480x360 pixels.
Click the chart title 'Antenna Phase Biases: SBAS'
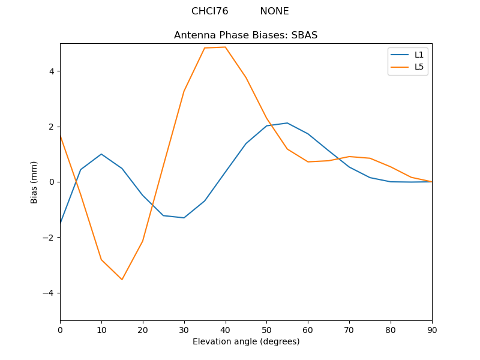click(245, 35)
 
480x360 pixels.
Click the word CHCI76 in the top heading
click(209, 11)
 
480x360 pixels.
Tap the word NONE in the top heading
click(274, 11)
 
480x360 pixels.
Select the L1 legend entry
click(419, 55)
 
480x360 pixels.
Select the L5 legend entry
click(419, 67)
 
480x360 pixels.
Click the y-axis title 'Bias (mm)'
click(34, 182)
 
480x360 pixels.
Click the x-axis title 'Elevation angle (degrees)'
click(245, 341)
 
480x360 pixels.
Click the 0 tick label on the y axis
click(52, 182)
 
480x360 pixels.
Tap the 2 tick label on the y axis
click(52, 127)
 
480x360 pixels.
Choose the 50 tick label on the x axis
click(266, 329)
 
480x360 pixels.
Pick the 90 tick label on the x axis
click(431, 329)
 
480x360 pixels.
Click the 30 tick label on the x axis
click(184, 329)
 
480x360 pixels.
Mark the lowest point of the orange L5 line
click(122, 280)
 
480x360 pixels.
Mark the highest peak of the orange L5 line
click(225, 47)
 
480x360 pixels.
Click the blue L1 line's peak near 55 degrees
click(287, 123)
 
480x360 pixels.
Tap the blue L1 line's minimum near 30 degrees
click(184, 218)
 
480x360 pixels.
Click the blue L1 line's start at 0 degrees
click(61, 223)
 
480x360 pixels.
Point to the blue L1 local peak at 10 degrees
click(101, 154)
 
